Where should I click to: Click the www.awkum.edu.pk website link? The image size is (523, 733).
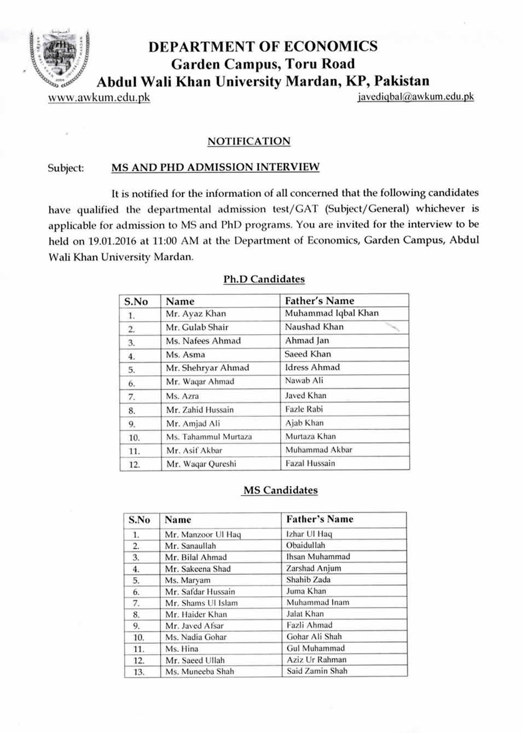click(x=99, y=97)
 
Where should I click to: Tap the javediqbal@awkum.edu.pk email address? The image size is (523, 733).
click(x=416, y=97)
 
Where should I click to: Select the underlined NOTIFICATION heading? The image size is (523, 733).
click(x=249, y=141)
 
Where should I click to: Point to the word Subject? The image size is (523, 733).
click(x=66, y=168)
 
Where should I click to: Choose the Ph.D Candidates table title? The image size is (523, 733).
click(x=264, y=279)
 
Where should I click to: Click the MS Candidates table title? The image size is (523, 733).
click(x=280, y=490)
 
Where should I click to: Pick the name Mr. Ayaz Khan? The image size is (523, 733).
click(x=196, y=314)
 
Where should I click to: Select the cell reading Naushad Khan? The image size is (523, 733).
click(x=314, y=327)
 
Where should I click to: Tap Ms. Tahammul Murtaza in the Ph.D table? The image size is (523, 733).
click(x=209, y=437)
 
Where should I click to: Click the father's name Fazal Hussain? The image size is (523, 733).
click(x=310, y=463)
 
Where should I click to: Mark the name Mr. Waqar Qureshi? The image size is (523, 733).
click(x=201, y=464)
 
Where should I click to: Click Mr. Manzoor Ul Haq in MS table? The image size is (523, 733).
click(x=203, y=534)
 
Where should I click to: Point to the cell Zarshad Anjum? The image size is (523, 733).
click(x=313, y=568)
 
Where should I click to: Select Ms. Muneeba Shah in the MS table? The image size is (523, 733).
click(x=200, y=671)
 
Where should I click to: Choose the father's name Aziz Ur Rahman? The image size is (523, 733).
click(x=317, y=660)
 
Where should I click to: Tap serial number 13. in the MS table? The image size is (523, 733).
click(x=138, y=672)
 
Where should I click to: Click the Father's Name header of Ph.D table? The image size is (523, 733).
click(x=319, y=301)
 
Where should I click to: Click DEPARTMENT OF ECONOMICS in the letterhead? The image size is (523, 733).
click(x=263, y=46)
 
